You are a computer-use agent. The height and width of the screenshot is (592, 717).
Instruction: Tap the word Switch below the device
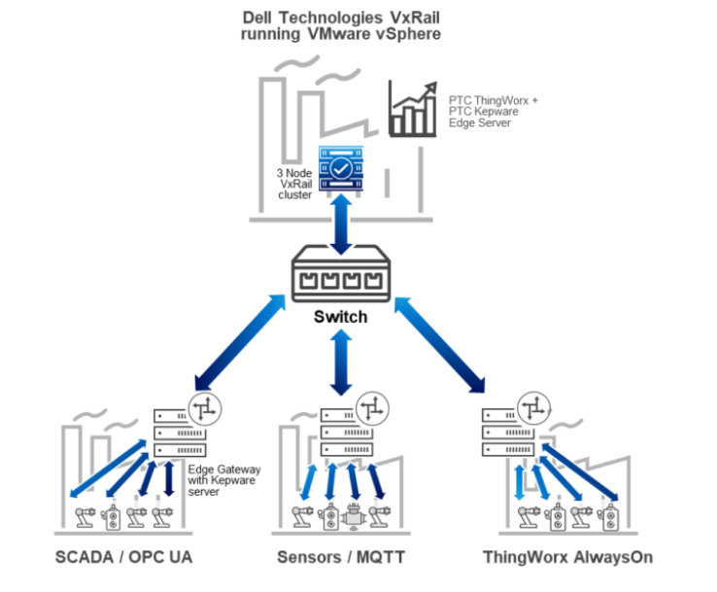pyautogui.click(x=340, y=318)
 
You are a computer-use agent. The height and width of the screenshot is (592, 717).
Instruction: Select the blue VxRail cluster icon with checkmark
pyautogui.click(x=341, y=171)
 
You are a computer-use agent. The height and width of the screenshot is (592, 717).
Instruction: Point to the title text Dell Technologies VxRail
pyautogui.click(x=340, y=17)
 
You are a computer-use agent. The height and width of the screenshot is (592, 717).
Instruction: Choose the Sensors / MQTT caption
pyautogui.click(x=339, y=558)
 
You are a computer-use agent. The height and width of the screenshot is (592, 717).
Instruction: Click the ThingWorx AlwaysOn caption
pyautogui.click(x=567, y=558)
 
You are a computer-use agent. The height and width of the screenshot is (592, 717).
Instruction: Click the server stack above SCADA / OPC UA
pyautogui.click(x=179, y=433)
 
